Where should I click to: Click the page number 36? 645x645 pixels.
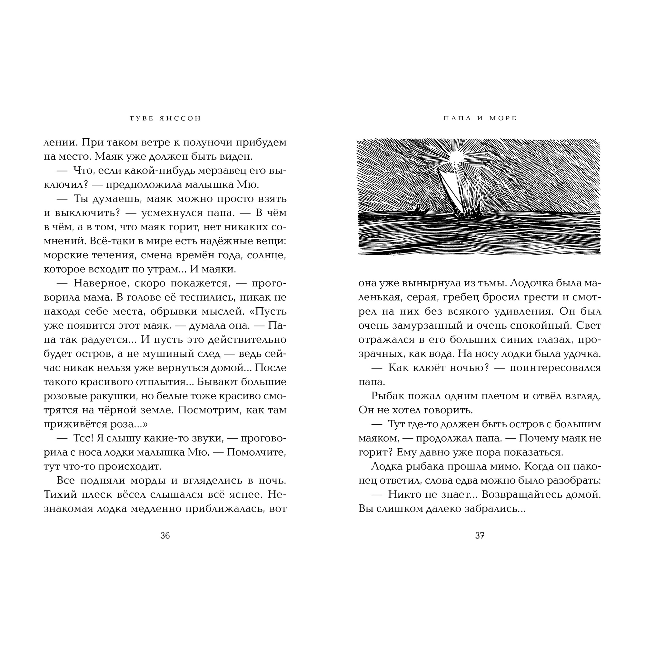click(165, 535)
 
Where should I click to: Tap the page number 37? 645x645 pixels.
click(480, 535)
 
